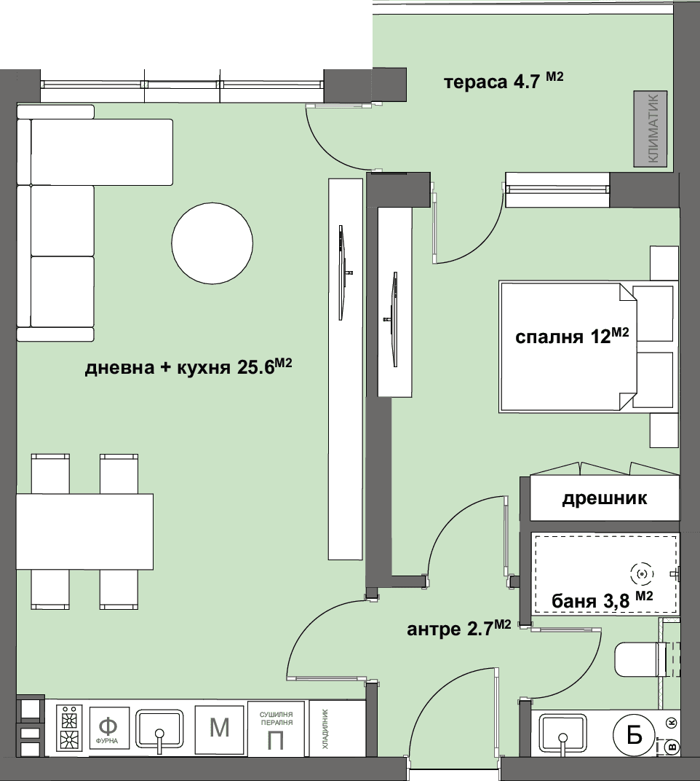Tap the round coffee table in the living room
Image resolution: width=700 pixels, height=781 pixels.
tap(212, 243)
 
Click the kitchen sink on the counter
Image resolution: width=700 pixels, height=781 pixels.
tap(159, 729)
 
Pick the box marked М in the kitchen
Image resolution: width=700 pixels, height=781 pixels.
tap(220, 728)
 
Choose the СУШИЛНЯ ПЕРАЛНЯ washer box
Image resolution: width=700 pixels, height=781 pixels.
tap(276, 729)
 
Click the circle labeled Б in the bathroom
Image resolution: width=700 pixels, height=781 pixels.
tap(635, 736)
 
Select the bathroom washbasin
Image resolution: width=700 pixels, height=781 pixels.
tap(563, 731)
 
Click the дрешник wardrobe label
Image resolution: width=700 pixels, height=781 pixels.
tap(605, 498)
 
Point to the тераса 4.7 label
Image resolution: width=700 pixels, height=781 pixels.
tap(503, 81)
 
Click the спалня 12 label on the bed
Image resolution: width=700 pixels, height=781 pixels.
tap(572, 336)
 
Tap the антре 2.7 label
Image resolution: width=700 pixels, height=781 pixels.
tap(458, 628)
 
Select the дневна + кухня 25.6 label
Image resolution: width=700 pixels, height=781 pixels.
tap(188, 366)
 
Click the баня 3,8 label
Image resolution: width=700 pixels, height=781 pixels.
tap(602, 600)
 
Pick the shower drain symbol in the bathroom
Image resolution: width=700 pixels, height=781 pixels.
tap(642, 574)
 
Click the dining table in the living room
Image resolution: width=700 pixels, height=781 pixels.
tap(84, 531)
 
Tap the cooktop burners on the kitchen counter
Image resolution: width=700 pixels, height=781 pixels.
tap(69, 729)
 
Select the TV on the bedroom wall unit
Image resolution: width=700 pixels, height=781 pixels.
tap(393, 319)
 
